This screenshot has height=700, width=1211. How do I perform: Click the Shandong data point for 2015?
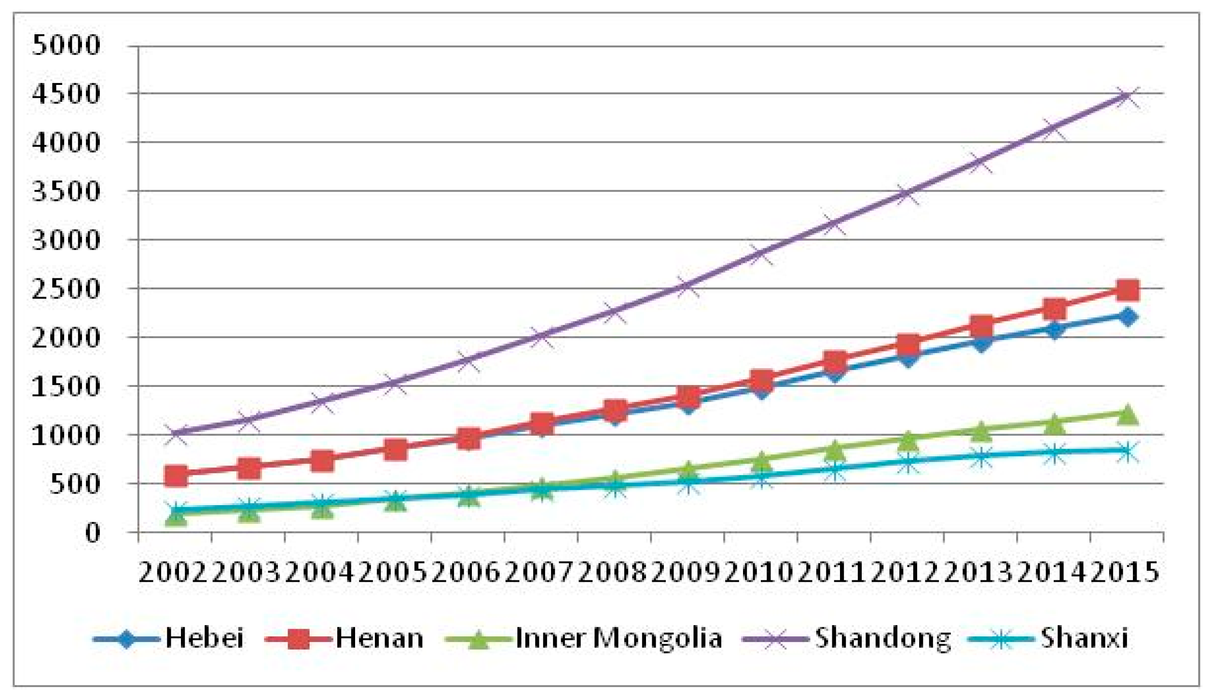pos(1127,96)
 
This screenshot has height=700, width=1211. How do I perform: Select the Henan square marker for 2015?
pos(1127,290)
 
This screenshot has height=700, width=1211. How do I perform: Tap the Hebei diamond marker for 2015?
pos(1127,316)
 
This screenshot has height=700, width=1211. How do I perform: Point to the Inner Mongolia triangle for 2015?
pos(1127,414)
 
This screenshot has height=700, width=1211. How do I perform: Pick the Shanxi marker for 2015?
pos(1127,452)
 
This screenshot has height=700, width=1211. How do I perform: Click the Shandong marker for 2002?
pos(175,433)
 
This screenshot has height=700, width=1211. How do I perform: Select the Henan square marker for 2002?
pos(175,476)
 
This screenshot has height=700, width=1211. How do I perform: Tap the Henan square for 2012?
pos(908,344)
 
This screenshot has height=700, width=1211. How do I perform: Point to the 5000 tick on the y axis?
pos(66,46)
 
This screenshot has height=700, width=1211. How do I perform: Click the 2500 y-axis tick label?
pos(66,289)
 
